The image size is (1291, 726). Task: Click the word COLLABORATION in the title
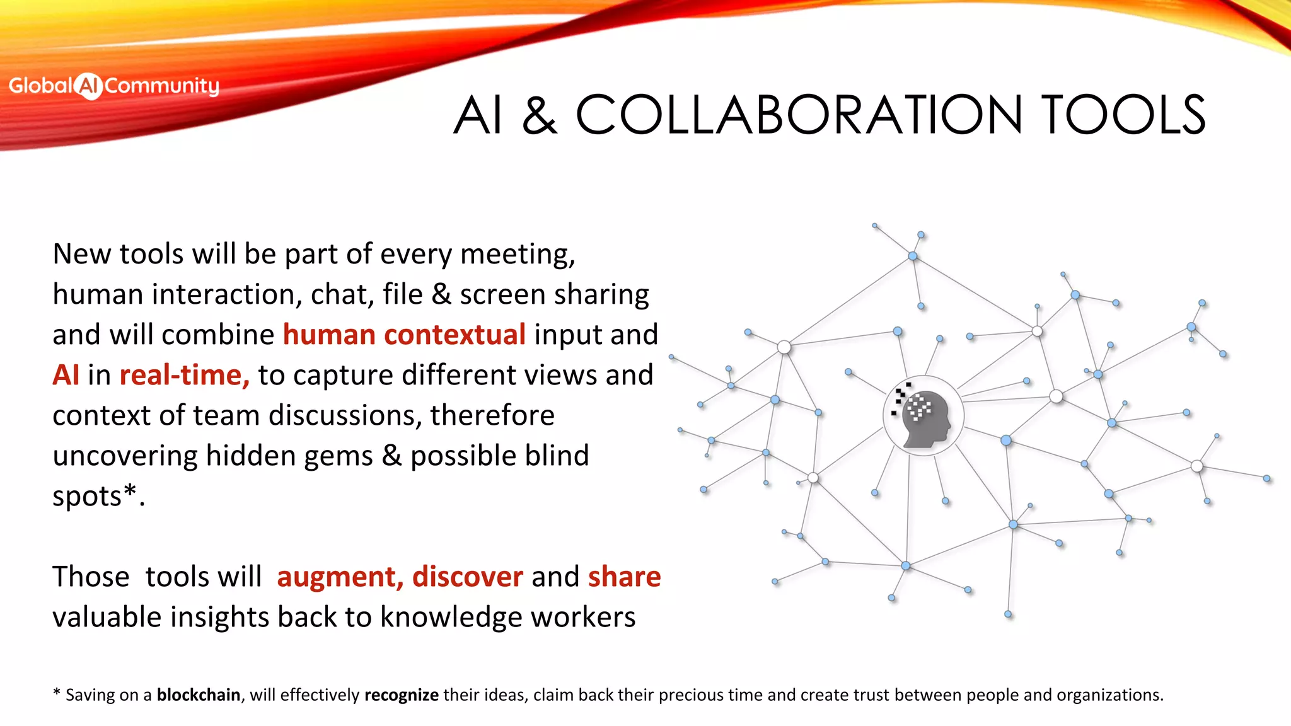pyautogui.click(x=799, y=115)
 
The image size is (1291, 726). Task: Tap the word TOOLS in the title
pyautogui.click(x=1123, y=115)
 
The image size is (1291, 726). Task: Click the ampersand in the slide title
pyautogui.click(x=540, y=116)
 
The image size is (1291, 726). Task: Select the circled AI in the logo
pyautogui.click(x=88, y=86)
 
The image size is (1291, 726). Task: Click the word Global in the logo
pyautogui.click(x=41, y=85)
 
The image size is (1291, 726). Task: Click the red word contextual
pyautogui.click(x=454, y=334)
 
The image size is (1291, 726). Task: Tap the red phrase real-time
pyautogui.click(x=184, y=375)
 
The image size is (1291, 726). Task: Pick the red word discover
pyautogui.click(x=467, y=577)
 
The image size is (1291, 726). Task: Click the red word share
pyautogui.click(x=624, y=577)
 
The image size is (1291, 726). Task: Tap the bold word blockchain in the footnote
pyautogui.click(x=198, y=694)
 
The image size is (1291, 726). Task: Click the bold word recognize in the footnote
pyautogui.click(x=401, y=694)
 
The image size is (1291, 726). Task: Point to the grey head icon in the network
pyautogui.click(x=925, y=418)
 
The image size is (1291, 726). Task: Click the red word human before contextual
pyautogui.click(x=329, y=334)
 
